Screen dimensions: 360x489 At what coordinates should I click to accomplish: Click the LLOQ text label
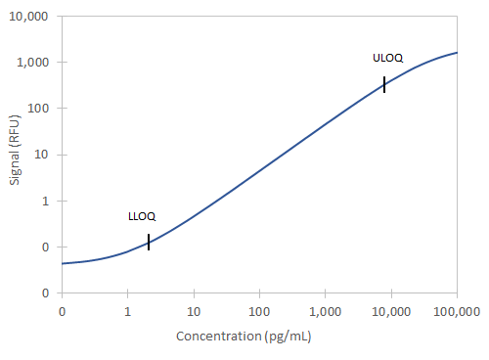point(142,216)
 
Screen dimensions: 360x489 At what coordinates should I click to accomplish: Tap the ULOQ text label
point(387,58)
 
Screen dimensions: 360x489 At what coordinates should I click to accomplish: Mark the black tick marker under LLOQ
point(149,243)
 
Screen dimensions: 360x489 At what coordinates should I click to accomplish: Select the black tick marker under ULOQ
point(384,84)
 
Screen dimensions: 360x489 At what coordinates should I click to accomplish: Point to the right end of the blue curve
point(457,53)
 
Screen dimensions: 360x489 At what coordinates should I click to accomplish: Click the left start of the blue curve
point(62,263)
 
